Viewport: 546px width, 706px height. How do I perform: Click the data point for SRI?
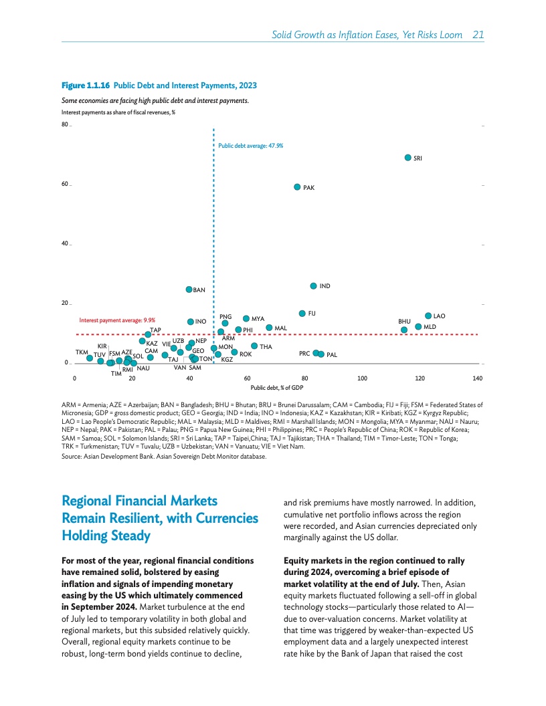407,158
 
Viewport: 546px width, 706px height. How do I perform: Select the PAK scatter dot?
297,187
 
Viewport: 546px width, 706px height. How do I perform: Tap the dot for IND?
312,286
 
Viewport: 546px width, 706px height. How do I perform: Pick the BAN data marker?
189,289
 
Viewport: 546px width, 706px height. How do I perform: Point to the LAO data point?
428,316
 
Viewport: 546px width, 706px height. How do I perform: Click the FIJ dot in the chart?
302,313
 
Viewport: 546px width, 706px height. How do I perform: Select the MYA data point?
246,319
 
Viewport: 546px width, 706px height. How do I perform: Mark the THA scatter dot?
254,346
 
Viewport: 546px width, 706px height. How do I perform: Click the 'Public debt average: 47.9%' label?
250,145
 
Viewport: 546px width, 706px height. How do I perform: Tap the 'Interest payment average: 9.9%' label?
117,320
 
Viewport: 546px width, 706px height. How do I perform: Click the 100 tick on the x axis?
362,379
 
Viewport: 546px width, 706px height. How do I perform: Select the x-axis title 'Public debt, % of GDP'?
276,387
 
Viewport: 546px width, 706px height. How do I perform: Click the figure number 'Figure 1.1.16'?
86,86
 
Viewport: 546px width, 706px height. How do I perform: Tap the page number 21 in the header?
478,35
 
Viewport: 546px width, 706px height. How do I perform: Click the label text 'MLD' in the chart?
430,326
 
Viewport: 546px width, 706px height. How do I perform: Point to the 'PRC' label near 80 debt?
304,353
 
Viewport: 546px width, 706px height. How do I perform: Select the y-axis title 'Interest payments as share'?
118,112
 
